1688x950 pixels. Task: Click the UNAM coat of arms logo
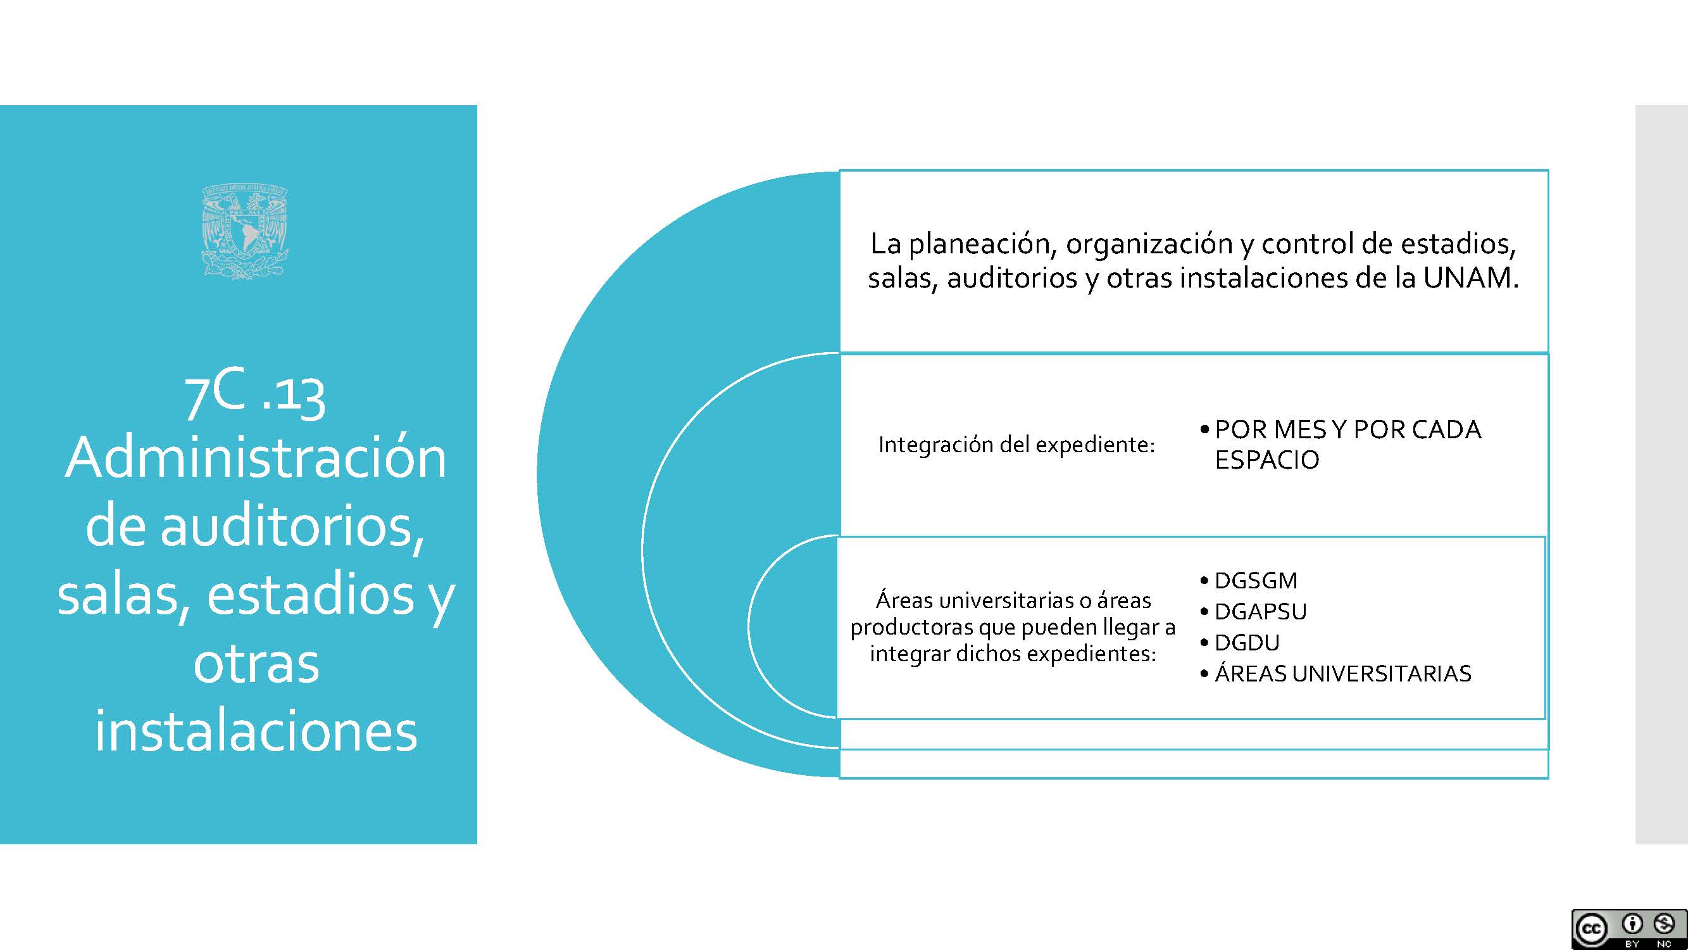click(x=244, y=231)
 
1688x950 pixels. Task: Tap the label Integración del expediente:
click(x=1016, y=445)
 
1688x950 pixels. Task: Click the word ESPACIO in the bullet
click(x=1266, y=460)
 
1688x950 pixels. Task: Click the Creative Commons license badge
click(x=1629, y=929)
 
